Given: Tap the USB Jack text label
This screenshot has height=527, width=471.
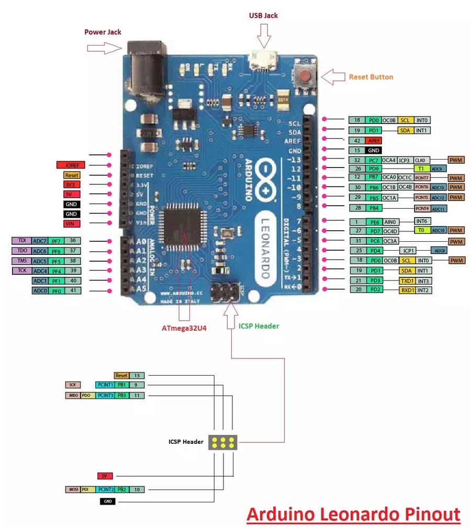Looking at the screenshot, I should point(263,15).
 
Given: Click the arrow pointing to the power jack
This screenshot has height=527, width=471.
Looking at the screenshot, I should point(104,49).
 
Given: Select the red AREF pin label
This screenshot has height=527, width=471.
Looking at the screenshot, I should point(374,140).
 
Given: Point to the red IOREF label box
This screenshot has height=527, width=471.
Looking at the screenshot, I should point(71,165).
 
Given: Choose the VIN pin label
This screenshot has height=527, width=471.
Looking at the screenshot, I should point(71,224).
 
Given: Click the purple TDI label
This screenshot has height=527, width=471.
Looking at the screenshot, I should point(21,241).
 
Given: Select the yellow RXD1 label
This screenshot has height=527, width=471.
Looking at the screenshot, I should point(407,290).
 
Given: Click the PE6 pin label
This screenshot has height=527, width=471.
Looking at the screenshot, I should point(374,222).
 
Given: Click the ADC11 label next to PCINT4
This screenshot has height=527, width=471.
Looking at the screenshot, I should point(439,209).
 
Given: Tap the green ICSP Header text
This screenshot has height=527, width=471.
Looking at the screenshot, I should point(259,326).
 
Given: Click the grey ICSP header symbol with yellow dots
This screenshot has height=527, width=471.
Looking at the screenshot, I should point(223,442).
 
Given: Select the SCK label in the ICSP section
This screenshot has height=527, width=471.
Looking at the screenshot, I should point(72,385).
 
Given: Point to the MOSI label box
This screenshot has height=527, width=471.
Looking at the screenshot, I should point(72,489).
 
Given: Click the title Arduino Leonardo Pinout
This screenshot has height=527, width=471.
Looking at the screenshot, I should point(353,513).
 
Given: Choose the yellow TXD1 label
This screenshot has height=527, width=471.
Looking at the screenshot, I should point(407,281).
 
